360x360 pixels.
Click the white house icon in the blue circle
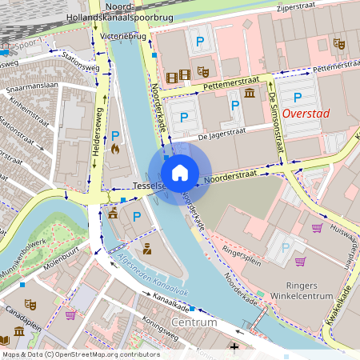pyautogui.click(x=180, y=172)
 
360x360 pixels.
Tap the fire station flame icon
pyautogui.click(x=115, y=148)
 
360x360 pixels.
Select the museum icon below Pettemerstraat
pyautogui.click(x=250, y=94)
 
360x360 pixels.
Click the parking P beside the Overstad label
pyautogui.click(x=298, y=98)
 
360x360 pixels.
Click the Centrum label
pyautogui.click(x=194, y=322)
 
